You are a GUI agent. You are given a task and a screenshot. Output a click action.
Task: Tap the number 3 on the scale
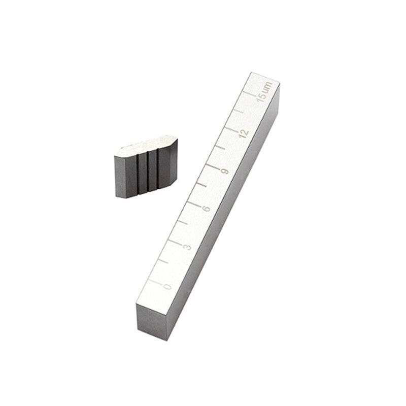[187, 247]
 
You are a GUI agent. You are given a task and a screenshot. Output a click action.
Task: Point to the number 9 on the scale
[225, 171]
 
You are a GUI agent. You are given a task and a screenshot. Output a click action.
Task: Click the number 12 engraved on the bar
[244, 132]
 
